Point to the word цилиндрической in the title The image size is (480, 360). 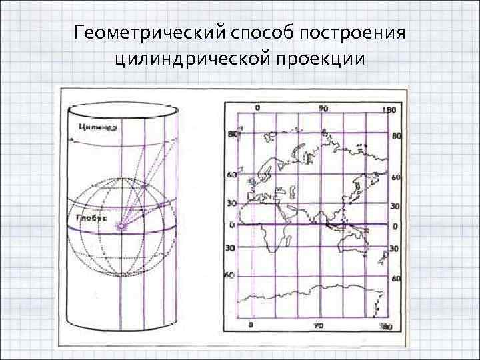[x=192, y=60]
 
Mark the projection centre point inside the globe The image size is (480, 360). [x=122, y=227]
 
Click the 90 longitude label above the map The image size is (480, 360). [x=323, y=109]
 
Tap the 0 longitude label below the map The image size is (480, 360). [x=251, y=325]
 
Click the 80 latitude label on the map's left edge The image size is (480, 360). [x=233, y=134]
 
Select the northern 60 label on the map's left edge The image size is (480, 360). [x=232, y=175]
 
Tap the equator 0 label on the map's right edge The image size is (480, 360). [x=395, y=227]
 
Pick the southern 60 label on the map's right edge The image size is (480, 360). [x=395, y=278]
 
